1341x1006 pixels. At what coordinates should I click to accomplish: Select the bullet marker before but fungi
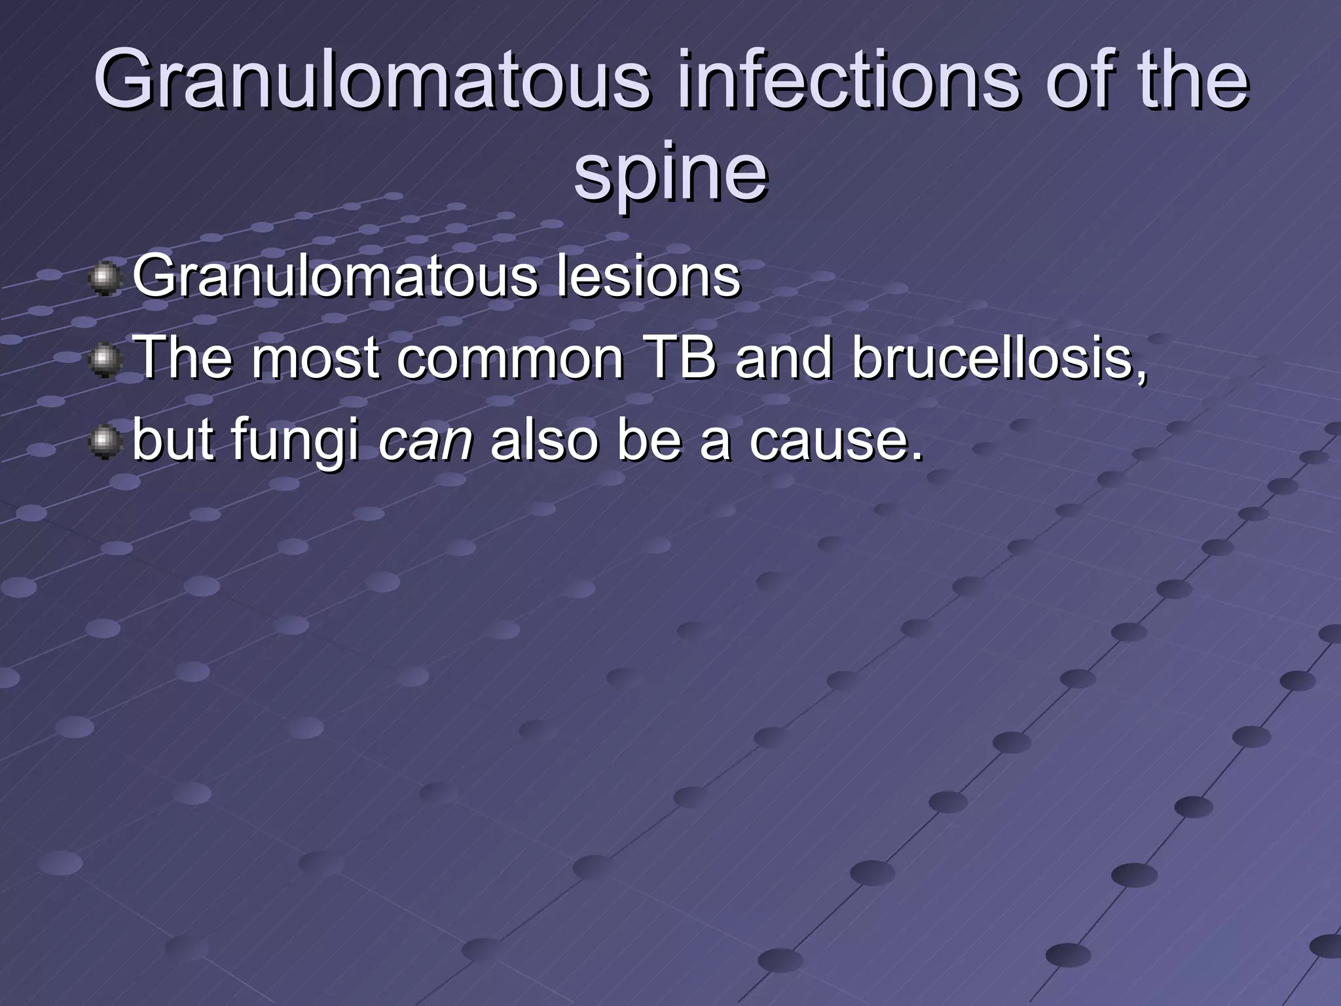click(105, 443)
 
